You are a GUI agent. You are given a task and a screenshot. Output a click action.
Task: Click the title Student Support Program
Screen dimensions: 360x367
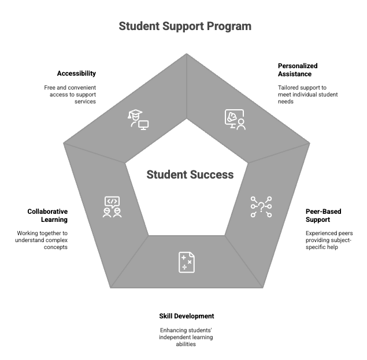[x=185, y=27]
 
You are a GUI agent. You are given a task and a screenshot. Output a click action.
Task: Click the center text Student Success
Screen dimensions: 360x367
[x=190, y=175]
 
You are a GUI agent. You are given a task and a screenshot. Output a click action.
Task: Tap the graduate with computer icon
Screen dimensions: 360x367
[x=138, y=119]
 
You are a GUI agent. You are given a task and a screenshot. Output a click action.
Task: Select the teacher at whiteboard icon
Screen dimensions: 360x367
[x=235, y=119]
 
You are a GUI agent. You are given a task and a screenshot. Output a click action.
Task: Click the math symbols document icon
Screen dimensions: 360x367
[x=186, y=262]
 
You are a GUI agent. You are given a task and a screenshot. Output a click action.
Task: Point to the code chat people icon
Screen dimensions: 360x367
[x=112, y=207]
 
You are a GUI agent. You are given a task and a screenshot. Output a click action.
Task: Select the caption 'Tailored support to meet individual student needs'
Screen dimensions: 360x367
[x=307, y=94]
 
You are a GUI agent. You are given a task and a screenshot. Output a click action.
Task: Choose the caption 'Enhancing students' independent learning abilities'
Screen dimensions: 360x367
[x=186, y=337]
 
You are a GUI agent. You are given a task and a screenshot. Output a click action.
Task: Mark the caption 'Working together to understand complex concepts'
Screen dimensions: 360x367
[x=42, y=240]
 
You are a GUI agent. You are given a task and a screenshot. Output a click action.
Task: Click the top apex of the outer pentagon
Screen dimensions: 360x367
[x=186, y=54]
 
